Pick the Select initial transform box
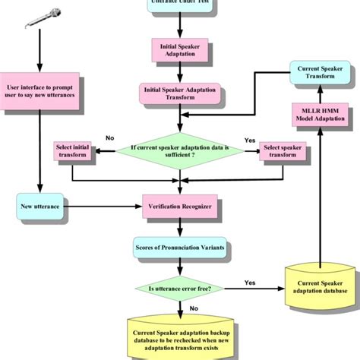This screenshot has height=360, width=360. click(x=73, y=151)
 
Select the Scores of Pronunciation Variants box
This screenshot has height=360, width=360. click(x=180, y=246)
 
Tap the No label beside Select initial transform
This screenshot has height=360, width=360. click(x=109, y=138)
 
